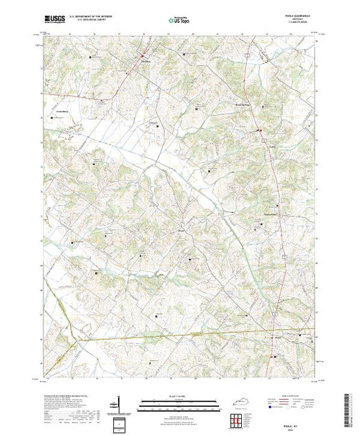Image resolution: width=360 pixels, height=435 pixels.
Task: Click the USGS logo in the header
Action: [55, 18]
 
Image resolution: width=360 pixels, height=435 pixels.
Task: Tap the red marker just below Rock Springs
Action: [260, 130]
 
